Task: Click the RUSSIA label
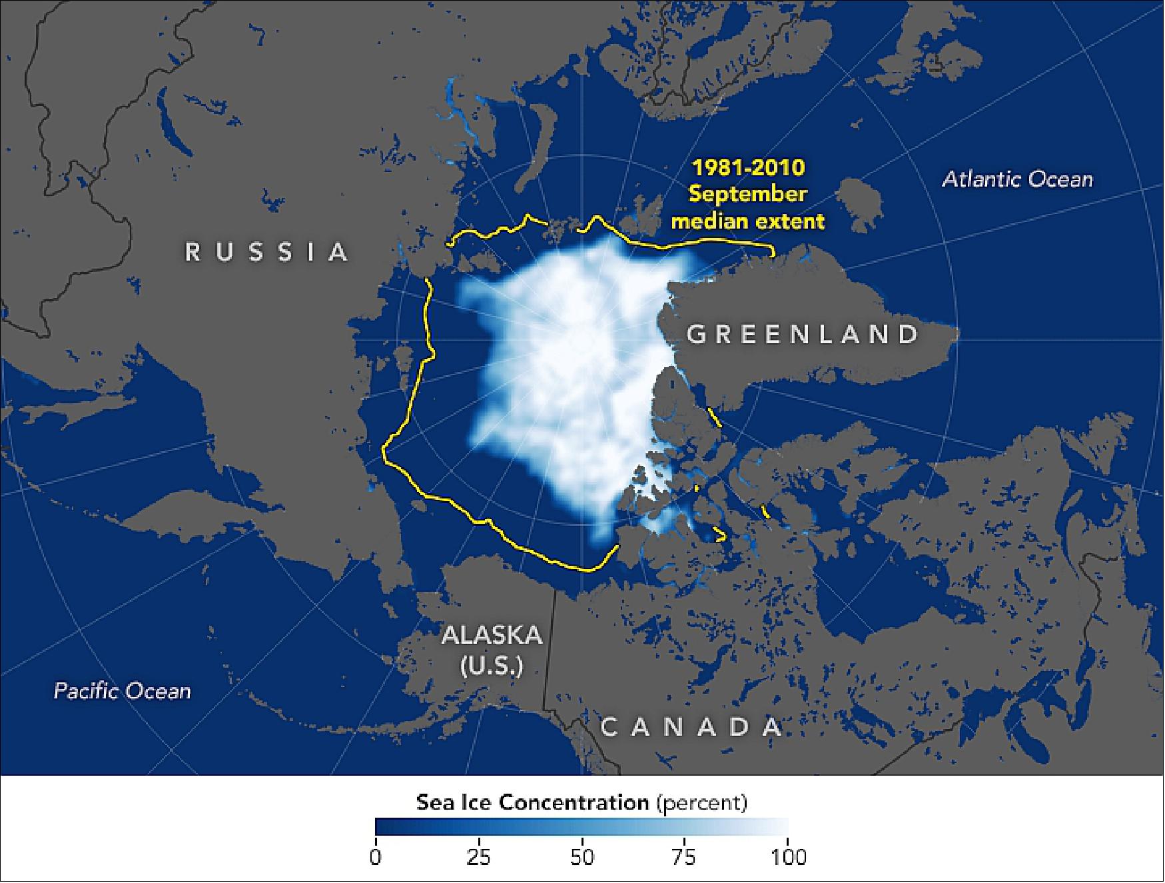[x=266, y=252]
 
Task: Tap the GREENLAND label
[x=803, y=334]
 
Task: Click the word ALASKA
[x=492, y=635]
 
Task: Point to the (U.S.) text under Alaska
[x=492, y=665]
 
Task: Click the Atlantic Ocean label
[x=1017, y=179]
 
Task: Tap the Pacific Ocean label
[x=122, y=690]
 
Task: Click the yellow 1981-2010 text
[x=748, y=167]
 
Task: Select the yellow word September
[x=747, y=194]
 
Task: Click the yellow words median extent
[x=747, y=221]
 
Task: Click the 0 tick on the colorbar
[x=376, y=856]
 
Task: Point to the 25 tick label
[x=478, y=856]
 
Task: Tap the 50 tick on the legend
[x=582, y=856]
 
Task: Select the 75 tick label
[x=684, y=856]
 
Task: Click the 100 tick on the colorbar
[x=788, y=856]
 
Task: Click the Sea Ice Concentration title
[x=532, y=802]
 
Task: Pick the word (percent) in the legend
[x=702, y=802]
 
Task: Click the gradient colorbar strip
[x=582, y=827]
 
